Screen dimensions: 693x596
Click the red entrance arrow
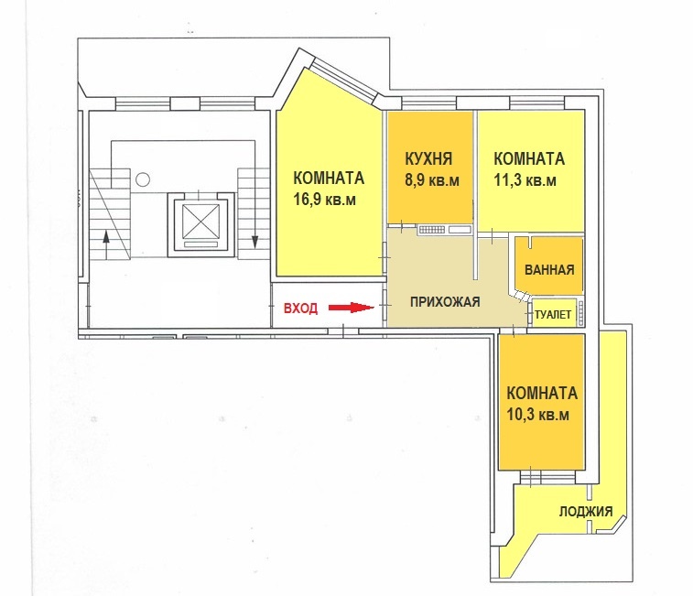pyautogui.click(x=352, y=308)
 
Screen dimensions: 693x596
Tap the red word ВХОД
pyautogui.click(x=300, y=308)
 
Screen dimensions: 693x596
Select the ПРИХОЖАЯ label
pyautogui.click(x=445, y=302)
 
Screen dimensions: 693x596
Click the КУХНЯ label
pyautogui.click(x=428, y=158)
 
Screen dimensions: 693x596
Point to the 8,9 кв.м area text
pyautogui.click(x=432, y=180)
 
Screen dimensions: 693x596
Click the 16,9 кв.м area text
pyautogui.click(x=325, y=200)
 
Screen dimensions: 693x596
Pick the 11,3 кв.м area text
pyautogui.click(x=525, y=180)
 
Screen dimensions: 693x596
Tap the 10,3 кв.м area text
pyautogui.click(x=538, y=415)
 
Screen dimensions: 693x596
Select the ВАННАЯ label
pyautogui.click(x=549, y=270)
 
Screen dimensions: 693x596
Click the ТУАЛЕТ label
pyautogui.click(x=553, y=314)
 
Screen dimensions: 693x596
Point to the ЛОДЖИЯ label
pyautogui.click(x=586, y=512)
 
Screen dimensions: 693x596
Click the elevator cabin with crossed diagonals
pyautogui.click(x=200, y=221)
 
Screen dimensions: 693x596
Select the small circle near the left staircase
pyautogui.click(x=143, y=179)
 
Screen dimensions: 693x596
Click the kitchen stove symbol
pyautogui.click(x=432, y=230)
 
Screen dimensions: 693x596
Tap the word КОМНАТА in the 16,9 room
pyautogui.click(x=329, y=179)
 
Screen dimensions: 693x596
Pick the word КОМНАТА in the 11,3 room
pyautogui.click(x=529, y=158)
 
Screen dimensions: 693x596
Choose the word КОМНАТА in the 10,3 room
pyautogui.click(x=542, y=394)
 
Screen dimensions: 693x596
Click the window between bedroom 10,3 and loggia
pyautogui.click(x=548, y=478)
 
